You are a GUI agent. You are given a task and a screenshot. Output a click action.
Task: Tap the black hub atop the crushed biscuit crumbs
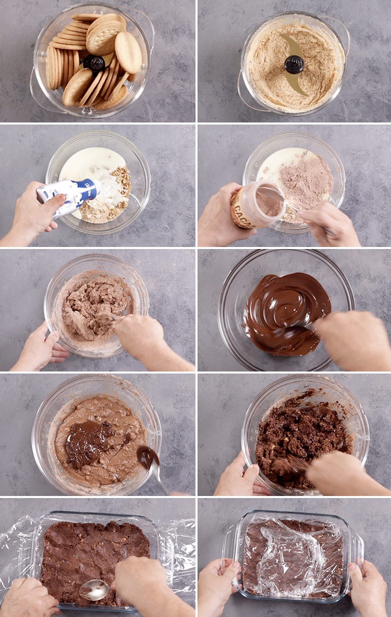(294, 64)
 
